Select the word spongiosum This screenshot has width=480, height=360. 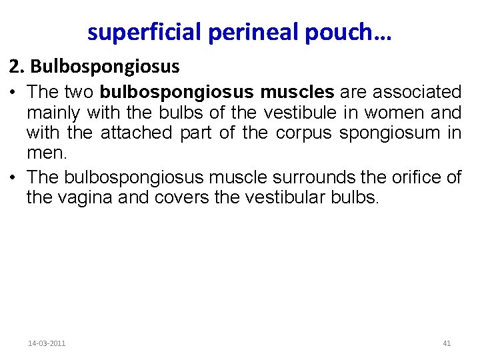[x=390, y=133]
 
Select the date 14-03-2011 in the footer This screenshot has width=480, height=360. [x=47, y=343]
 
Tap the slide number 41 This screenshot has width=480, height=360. [x=447, y=343]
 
